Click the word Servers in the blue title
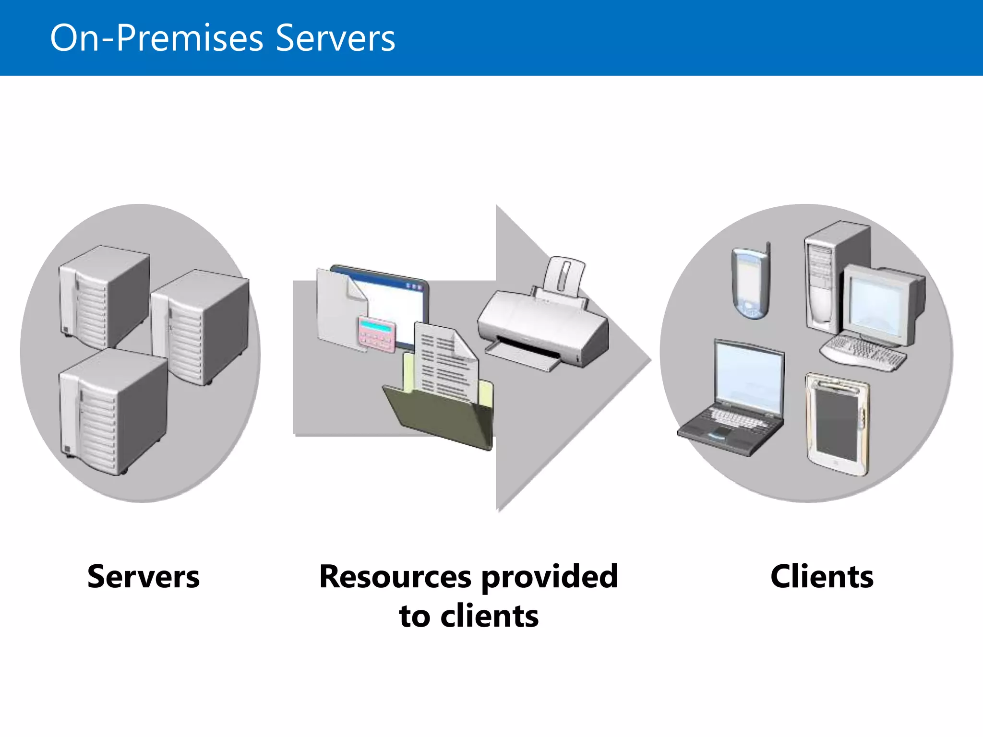pyautogui.click(x=335, y=38)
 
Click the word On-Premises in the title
pyautogui.click(x=156, y=38)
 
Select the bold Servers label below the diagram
pyautogui.click(x=143, y=576)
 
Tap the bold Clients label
pyautogui.click(x=822, y=576)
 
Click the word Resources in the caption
pyautogui.click(x=395, y=576)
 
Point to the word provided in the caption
pyautogui.click(x=549, y=576)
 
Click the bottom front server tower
pyautogui.click(x=113, y=413)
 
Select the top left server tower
pyautogui.click(x=103, y=295)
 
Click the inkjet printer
pyautogui.click(x=542, y=321)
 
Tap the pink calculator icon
pyautogui.click(x=376, y=333)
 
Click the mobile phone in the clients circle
pyautogui.click(x=751, y=283)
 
